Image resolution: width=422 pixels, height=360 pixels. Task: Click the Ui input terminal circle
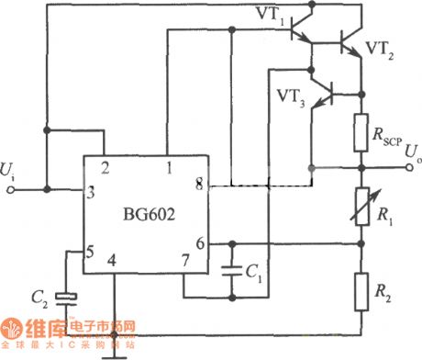tap(12, 191)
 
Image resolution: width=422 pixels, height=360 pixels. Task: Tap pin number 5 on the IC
tap(90, 250)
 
